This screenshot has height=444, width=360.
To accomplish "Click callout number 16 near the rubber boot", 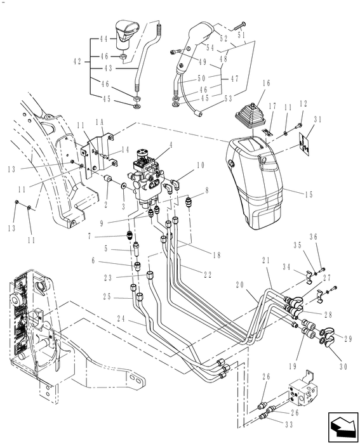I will [266, 83].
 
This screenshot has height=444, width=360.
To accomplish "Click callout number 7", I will [91, 236].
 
